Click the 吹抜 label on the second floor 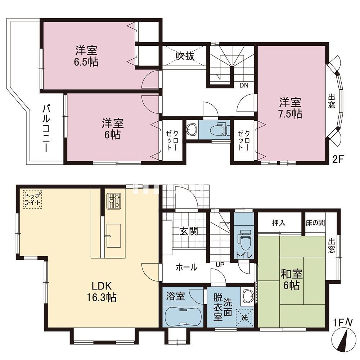185,56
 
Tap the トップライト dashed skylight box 32,199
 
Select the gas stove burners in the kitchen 114,201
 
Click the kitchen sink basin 114,235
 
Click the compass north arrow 343,339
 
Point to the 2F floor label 338,159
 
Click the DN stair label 244,85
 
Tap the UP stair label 220,265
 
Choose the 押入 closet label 279,222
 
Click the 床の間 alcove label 315,222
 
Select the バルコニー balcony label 46,129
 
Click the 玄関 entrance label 189,231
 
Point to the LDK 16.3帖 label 101,292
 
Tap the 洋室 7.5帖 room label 291,108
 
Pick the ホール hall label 186,267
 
